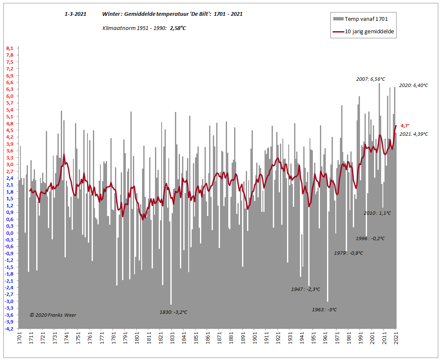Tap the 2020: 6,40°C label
tap(413, 85)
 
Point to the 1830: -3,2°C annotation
tap(174, 312)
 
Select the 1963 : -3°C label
tap(325, 310)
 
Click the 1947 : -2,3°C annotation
tap(306, 289)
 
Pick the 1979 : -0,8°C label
tap(349, 253)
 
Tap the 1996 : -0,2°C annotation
tap(370, 238)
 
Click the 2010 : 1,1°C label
tap(377, 213)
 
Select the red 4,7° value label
tap(405, 125)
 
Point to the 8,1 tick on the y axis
tap(10, 48)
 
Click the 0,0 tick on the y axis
tap(10, 233)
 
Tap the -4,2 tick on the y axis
tap(9, 329)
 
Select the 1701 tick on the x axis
tap(19, 338)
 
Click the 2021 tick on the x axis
tap(396, 338)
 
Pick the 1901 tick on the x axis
tap(255, 338)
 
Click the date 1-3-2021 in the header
tap(75, 14)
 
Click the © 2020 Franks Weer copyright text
tap(53, 315)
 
